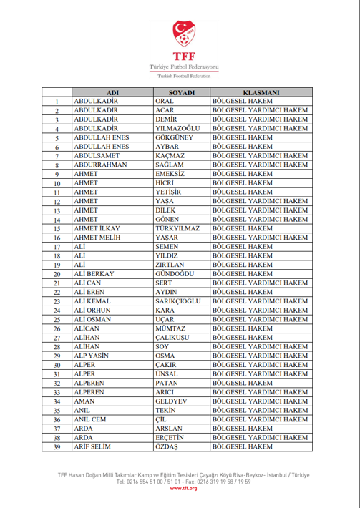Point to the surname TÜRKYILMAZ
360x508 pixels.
point(179,228)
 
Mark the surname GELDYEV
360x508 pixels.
point(171,402)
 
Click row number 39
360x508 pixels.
point(56,448)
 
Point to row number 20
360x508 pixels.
point(56,274)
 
